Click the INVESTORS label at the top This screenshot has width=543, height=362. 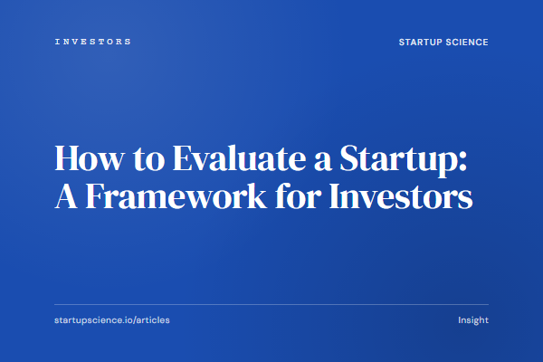[x=92, y=42]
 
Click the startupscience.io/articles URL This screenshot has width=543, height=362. [x=111, y=320]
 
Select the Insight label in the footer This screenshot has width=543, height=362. [x=473, y=320]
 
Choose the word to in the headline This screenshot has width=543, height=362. [x=130, y=159]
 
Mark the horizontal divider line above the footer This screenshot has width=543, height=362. [x=271, y=304]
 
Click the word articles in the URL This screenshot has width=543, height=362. [x=150, y=320]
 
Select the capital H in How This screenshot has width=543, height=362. [x=66, y=157]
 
